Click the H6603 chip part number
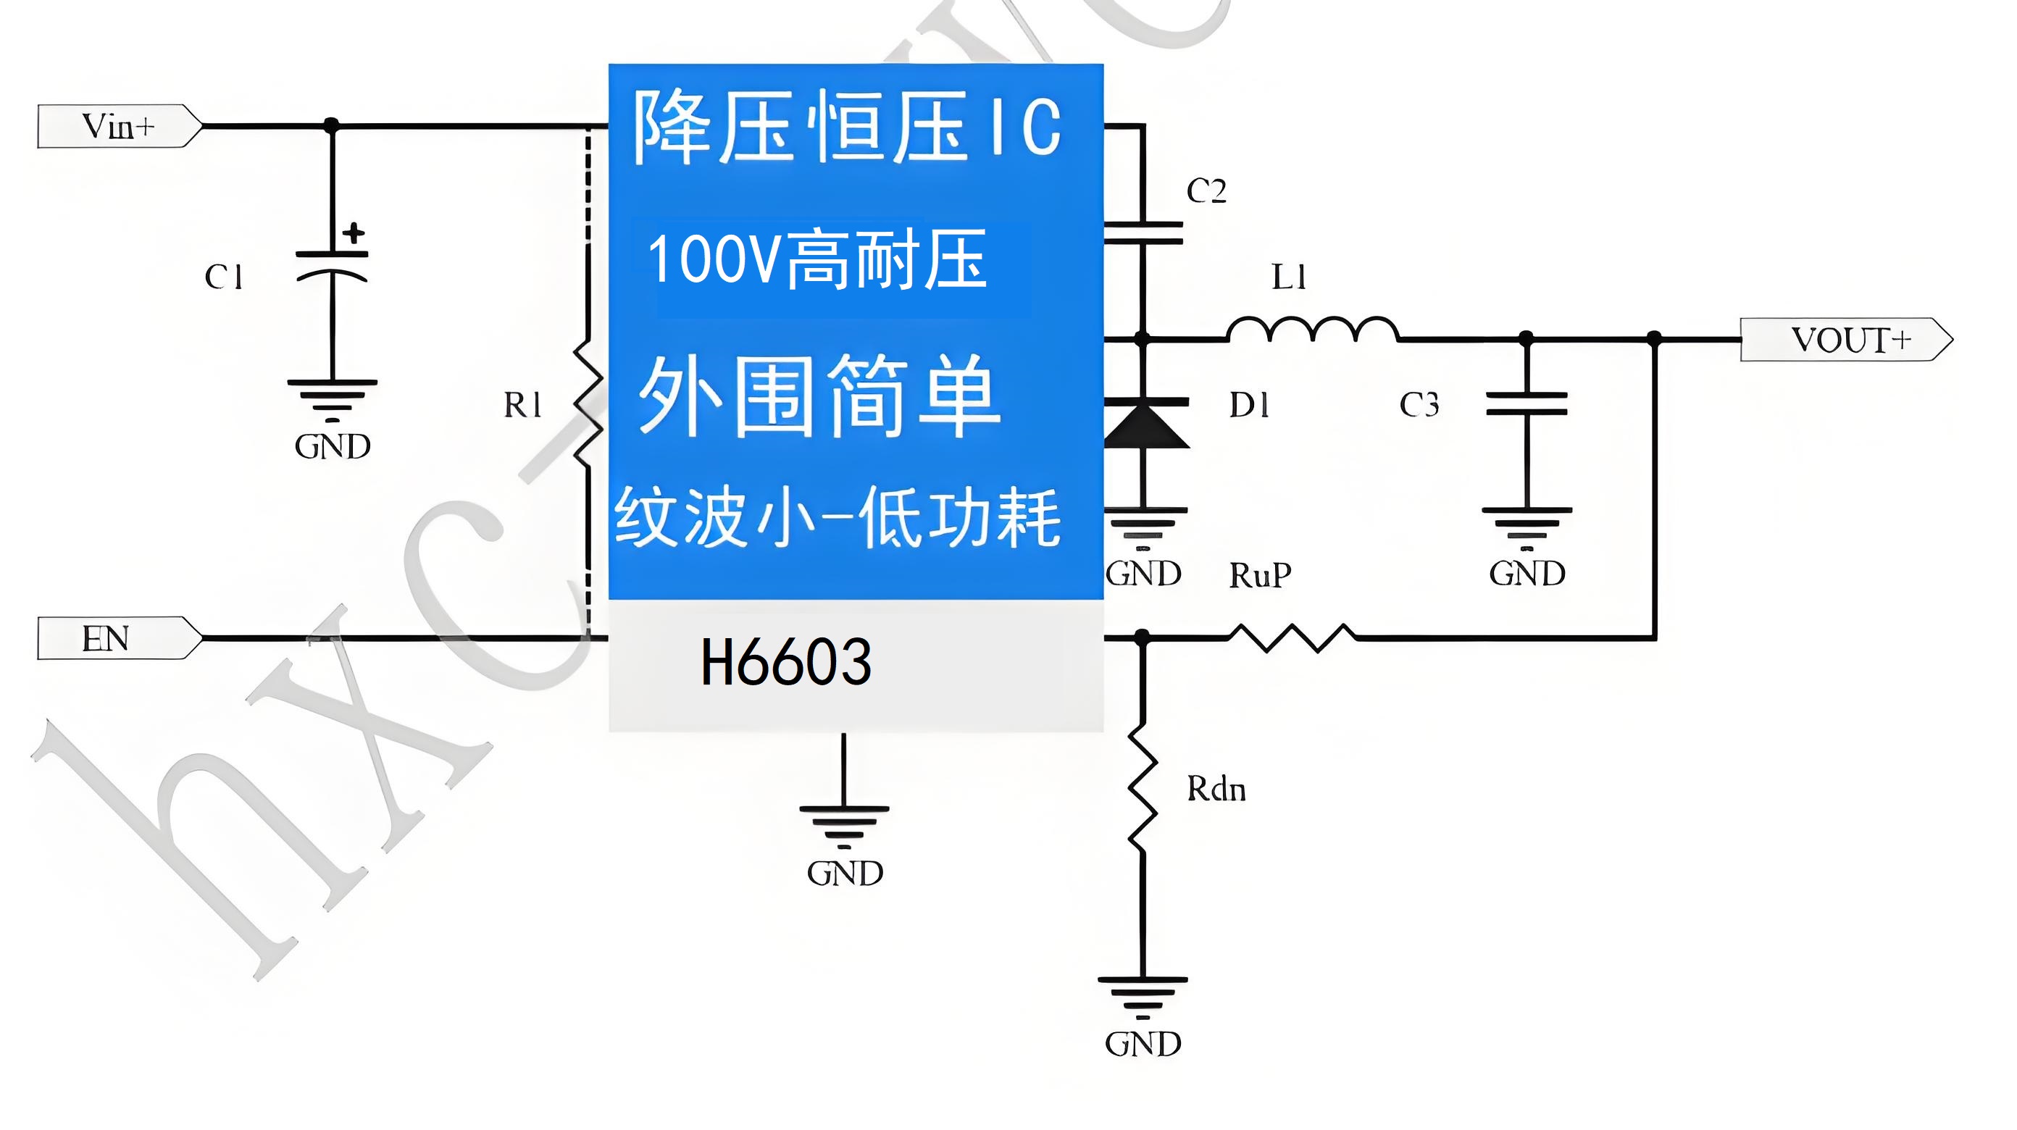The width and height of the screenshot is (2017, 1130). [x=785, y=663]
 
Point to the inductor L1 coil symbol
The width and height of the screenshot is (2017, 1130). [x=1312, y=330]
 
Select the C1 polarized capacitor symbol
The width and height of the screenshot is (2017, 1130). [x=332, y=265]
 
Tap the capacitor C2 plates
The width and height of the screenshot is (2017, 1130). [x=1143, y=233]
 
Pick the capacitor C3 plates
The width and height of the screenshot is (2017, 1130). [x=1526, y=404]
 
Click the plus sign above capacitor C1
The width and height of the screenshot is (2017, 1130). [x=354, y=233]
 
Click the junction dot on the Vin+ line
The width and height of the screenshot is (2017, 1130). [x=332, y=125]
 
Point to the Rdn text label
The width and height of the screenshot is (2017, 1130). [x=1216, y=790]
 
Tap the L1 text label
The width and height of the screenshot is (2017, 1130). [x=1288, y=277]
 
